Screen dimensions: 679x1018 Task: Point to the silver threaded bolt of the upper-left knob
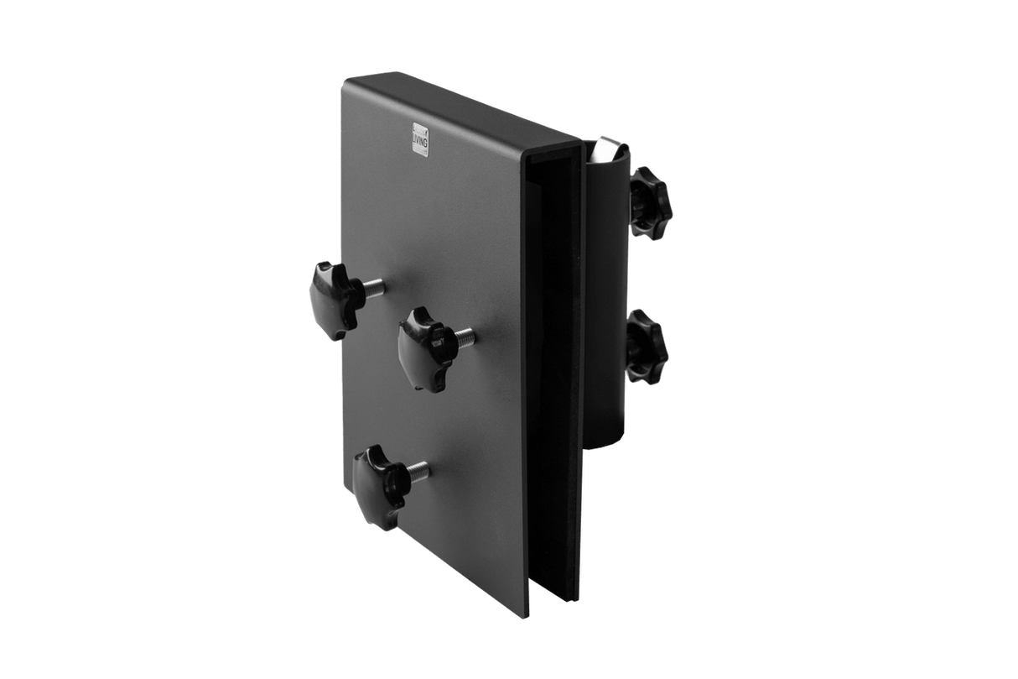coord(373,289)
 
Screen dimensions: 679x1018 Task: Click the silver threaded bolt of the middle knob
coord(462,337)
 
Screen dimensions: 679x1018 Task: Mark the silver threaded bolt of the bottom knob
coord(417,473)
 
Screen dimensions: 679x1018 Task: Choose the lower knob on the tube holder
coord(647,345)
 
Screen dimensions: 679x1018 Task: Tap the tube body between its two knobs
coord(612,269)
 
